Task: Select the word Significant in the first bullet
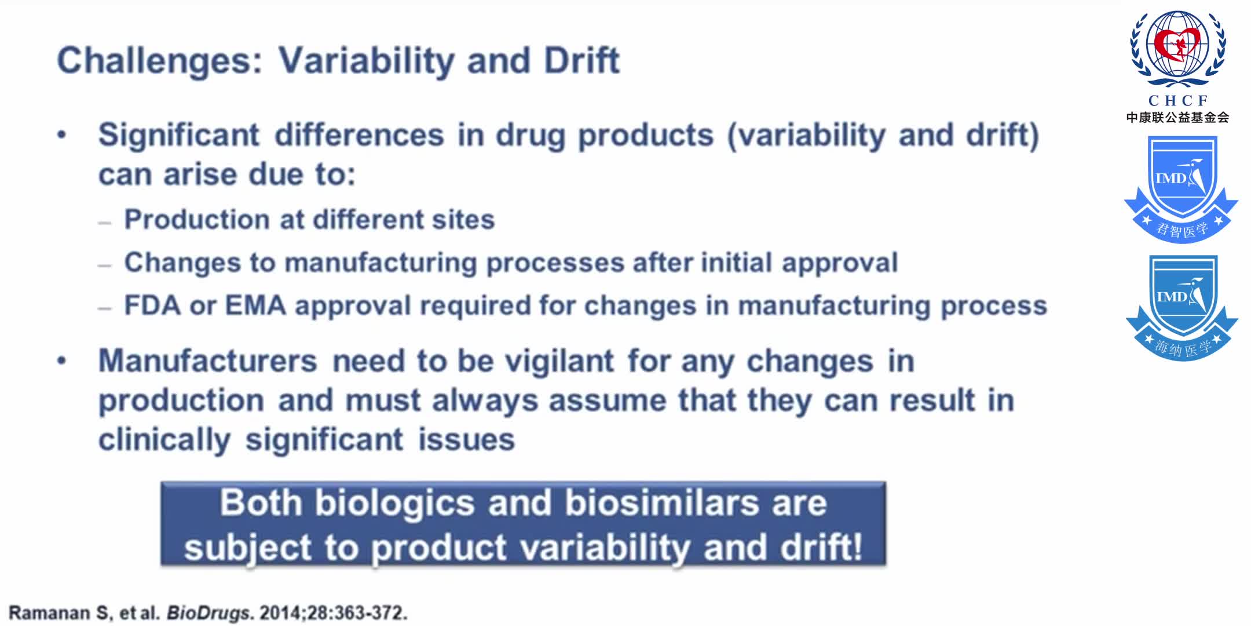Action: (x=178, y=136)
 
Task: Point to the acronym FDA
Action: (x=152, y=305)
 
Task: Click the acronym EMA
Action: (x=255, y=305)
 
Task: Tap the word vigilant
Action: (x=559, y=361)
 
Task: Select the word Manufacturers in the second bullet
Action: (x=207, y=361)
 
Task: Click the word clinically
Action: (x=164, y=440)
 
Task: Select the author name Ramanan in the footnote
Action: (x=49, y=613)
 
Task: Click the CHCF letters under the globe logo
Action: (x=1178, y=101)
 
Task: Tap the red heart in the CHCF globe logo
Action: (x=1176, y=43)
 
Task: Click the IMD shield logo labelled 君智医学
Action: (x=1181, y=188)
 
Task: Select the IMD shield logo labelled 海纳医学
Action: (x=1181, y=307)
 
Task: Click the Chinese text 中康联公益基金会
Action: (x=1177, y=118)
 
